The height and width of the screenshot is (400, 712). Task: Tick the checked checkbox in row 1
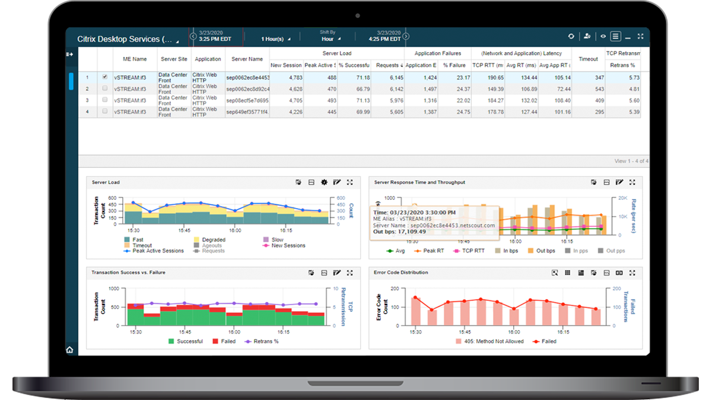105,77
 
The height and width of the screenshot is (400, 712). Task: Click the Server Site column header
174,59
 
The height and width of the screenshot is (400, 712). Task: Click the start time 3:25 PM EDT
215,39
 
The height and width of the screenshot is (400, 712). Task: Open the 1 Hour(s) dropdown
275,39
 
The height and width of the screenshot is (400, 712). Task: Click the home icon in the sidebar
70,350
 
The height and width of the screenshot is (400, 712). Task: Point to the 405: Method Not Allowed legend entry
490,341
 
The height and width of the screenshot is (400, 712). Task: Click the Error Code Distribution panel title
401,273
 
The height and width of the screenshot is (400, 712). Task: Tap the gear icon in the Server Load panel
324,183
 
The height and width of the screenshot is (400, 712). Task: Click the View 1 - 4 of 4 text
631,161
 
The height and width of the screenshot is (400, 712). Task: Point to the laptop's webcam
357,15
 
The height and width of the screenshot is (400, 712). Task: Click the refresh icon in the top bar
571,36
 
